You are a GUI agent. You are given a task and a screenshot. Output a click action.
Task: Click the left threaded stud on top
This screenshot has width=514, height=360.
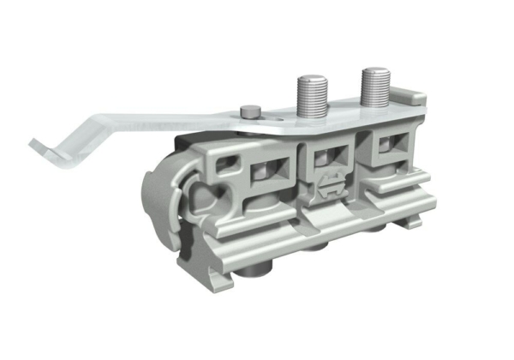[311, 93]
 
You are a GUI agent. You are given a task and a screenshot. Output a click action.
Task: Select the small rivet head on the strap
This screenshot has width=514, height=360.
[249, 110]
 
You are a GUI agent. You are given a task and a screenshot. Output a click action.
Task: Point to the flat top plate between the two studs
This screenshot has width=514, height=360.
[343, 110]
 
